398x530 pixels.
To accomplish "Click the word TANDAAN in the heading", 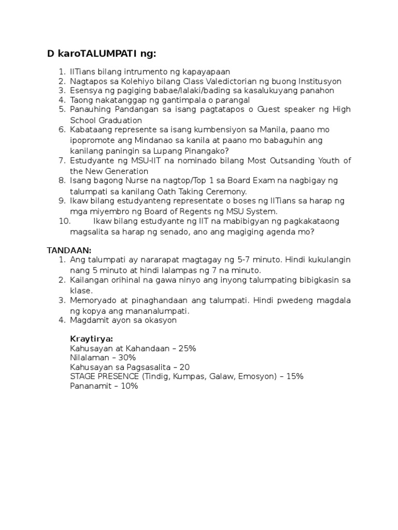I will click(x=68, y=250).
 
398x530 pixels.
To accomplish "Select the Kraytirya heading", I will click(x=91, y=339).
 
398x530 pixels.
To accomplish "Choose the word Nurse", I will click(x=132, y=180).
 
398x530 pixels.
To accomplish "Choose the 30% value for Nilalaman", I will click(x=126, y=358).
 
